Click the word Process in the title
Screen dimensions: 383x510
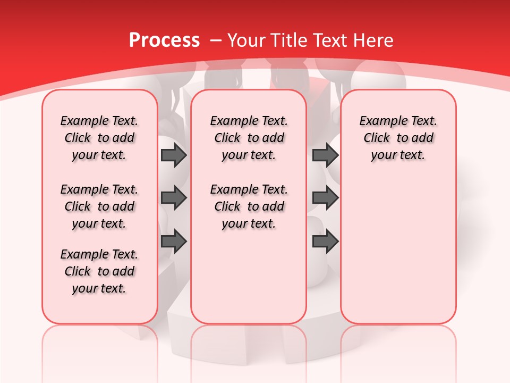(x=164, y=40)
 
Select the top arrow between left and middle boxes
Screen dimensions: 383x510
(x=174, y=155)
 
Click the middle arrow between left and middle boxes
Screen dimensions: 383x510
(x=174, y=198)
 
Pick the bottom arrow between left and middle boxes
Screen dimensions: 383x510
(x=174, y=242)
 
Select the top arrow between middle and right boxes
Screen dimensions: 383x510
(x=325, y=155)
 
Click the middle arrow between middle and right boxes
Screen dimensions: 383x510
(x=325, y=198)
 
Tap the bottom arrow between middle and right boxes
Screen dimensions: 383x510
(x=325, y=242)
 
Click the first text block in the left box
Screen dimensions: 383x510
(x=99, y=138)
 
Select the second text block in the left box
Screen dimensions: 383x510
(x=99, y=206)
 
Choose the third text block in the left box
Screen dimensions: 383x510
(x=99, y=271)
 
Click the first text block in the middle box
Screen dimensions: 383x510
(x=249, y=138)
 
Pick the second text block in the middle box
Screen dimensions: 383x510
(x=249, y=206)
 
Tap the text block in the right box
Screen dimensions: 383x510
(x=398, y=138)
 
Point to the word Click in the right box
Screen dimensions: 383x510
(x=377, y=138)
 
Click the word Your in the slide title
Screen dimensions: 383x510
(x=247, y=40)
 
